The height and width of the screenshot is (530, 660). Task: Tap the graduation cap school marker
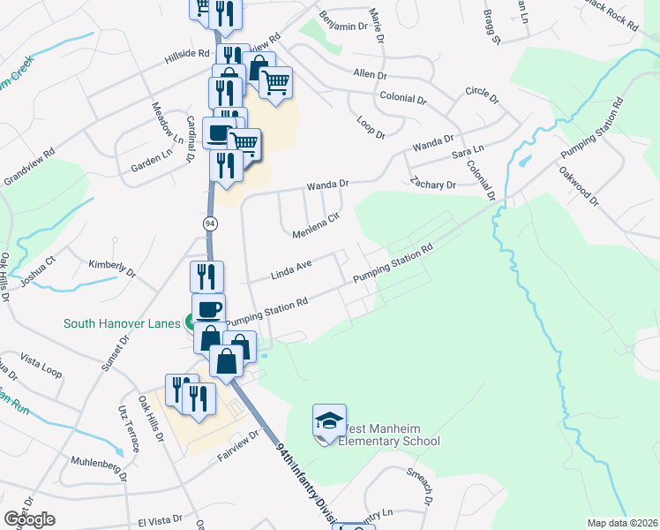coord(328,421)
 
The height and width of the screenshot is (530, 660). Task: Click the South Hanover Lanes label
coord(120,323)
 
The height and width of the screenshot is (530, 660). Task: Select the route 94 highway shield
coord(210,223)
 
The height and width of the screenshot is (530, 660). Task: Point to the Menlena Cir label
coord(316,227)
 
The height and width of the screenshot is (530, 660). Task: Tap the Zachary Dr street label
coord(432,185)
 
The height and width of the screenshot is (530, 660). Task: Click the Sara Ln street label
coord(468,152)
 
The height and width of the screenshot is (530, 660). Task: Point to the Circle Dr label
coord(482,92)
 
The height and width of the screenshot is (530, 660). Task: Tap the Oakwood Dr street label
coord(579,187)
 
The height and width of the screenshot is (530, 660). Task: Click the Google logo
coord(29,519)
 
